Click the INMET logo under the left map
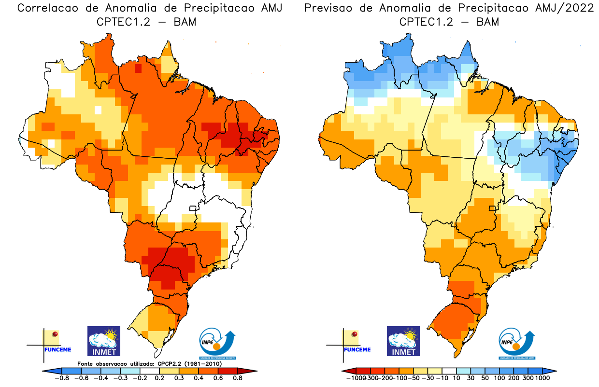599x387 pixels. click(x=103, y=341)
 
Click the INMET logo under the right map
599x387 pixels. click(x=403, y=341)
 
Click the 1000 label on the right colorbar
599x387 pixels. click(x=542, y=378)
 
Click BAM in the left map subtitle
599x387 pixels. click(x=185, y=22)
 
